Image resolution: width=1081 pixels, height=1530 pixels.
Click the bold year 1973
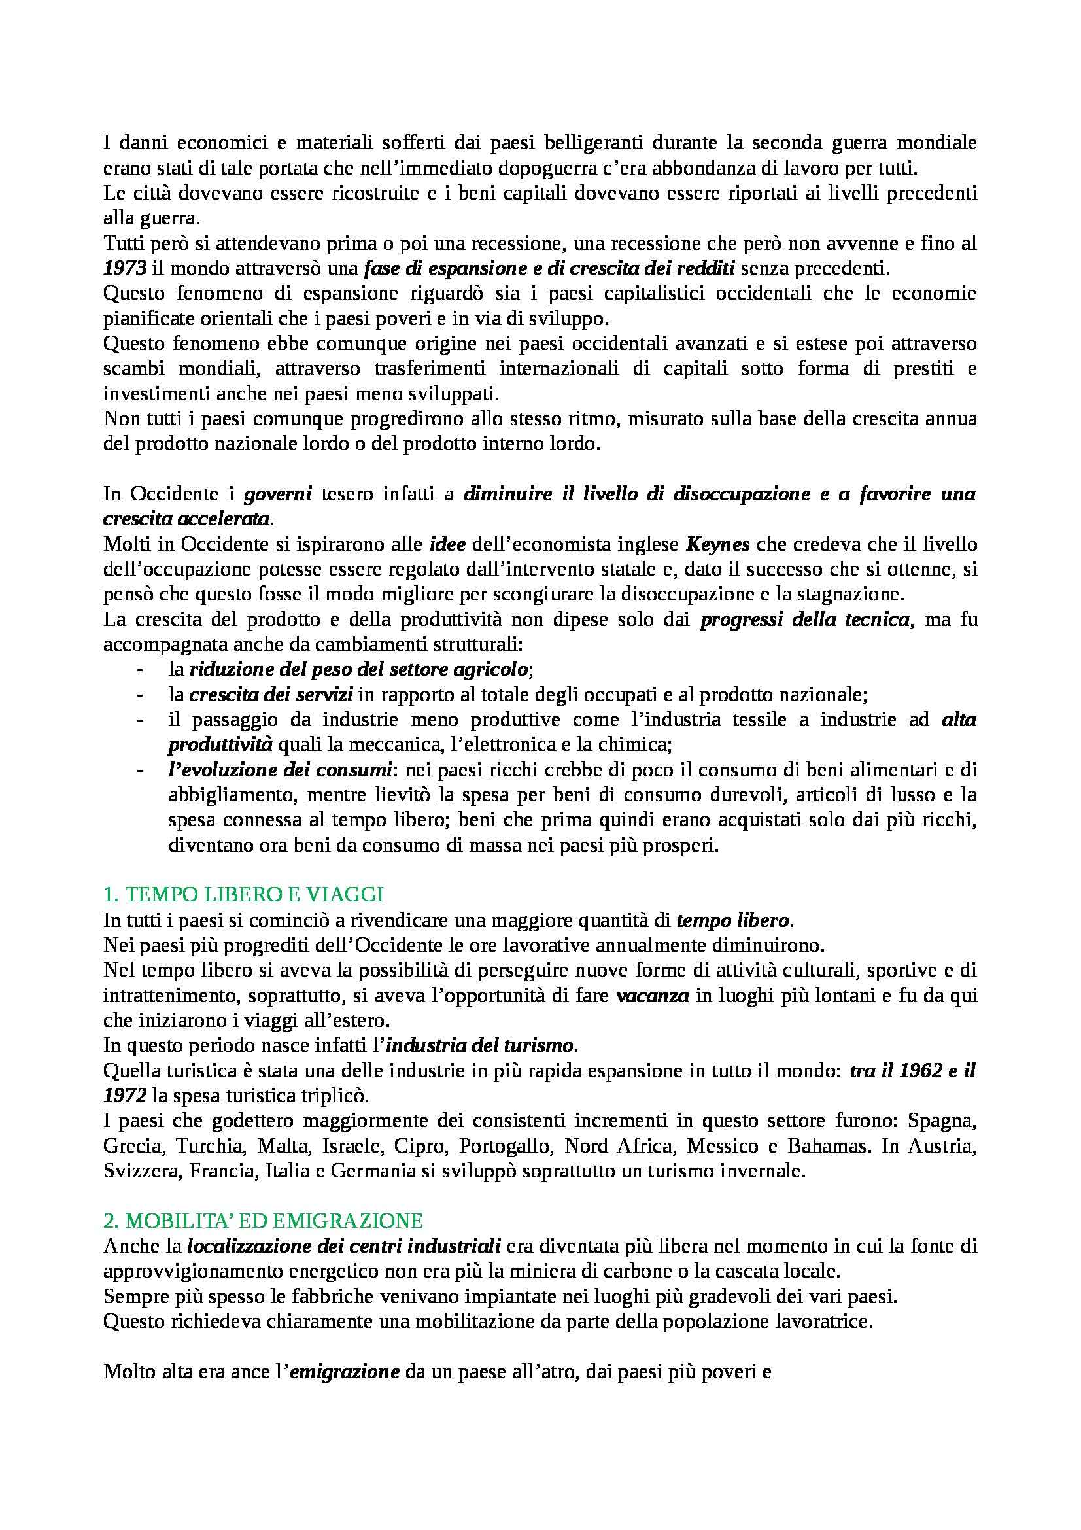pos(124,269)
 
